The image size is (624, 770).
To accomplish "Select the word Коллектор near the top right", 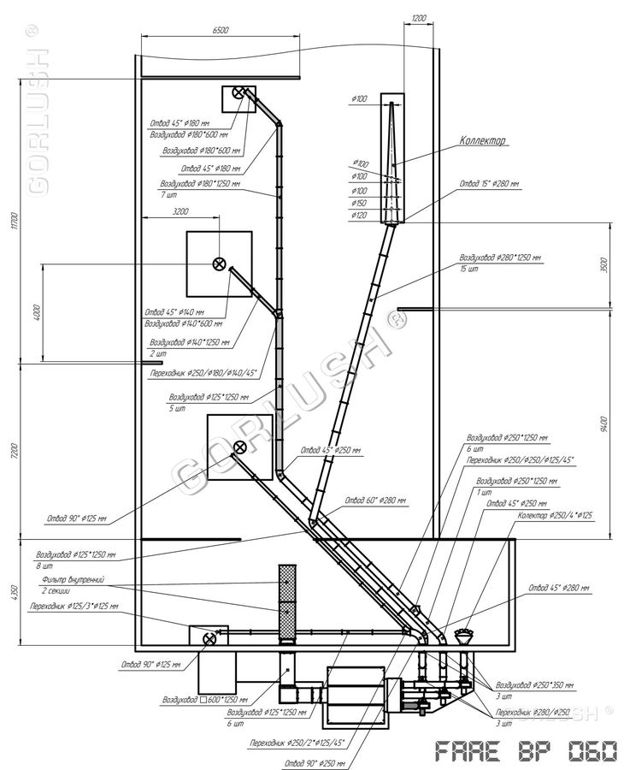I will point(483,140).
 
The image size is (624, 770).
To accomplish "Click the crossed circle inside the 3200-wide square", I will point(220,264).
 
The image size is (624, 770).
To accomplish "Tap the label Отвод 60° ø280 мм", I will point(374,500).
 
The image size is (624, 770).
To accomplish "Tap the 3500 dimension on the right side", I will point(603,264).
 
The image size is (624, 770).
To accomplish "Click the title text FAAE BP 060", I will point(526,752).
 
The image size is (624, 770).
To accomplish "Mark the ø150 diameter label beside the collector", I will point(359,203).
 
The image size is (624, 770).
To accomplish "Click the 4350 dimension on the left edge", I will point(15,592).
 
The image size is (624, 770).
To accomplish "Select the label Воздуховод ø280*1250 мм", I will point(501,257).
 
